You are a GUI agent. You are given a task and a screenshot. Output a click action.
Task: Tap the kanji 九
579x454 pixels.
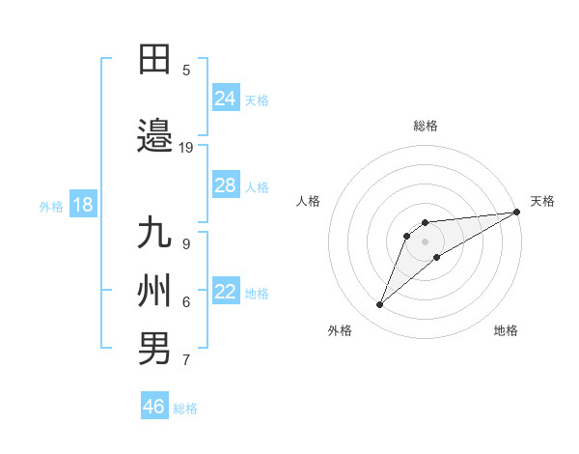tap(155, 235)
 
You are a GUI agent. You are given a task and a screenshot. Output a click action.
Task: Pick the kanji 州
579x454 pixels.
tap(155, 290)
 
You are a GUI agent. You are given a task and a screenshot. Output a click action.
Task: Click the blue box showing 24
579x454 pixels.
tap(226, 99)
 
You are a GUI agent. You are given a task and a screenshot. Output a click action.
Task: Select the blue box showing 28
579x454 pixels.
tap(226, 185)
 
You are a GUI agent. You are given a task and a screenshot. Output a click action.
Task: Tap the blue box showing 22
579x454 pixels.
tap(226, 293)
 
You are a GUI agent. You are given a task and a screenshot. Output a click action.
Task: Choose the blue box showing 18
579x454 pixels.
tap(82, 205)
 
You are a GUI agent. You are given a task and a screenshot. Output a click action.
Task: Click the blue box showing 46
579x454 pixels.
tap(154, 407)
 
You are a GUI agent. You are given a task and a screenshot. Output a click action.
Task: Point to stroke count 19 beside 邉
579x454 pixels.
tap(186, 147)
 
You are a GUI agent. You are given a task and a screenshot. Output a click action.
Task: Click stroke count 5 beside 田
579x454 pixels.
tap(186, 70)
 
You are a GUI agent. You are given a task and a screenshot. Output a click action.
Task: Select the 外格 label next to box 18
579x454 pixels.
tap(51, 206)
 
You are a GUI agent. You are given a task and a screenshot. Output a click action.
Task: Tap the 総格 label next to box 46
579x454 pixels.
tap(185, 408)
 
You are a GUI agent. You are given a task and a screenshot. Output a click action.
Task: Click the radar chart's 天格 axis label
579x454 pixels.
tap(543, 201)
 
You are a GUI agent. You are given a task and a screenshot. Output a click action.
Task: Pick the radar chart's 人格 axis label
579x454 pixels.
tap(309, 201)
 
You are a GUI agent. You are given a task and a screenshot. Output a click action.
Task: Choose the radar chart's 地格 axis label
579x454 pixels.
tap(506, 330)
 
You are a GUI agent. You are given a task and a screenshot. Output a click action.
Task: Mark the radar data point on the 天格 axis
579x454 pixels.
tap(516, 212)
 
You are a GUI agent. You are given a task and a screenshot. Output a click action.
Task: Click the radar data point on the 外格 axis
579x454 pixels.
tap(380, 305)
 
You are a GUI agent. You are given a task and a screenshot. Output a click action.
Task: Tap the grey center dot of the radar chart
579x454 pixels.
tap(425, 241)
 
